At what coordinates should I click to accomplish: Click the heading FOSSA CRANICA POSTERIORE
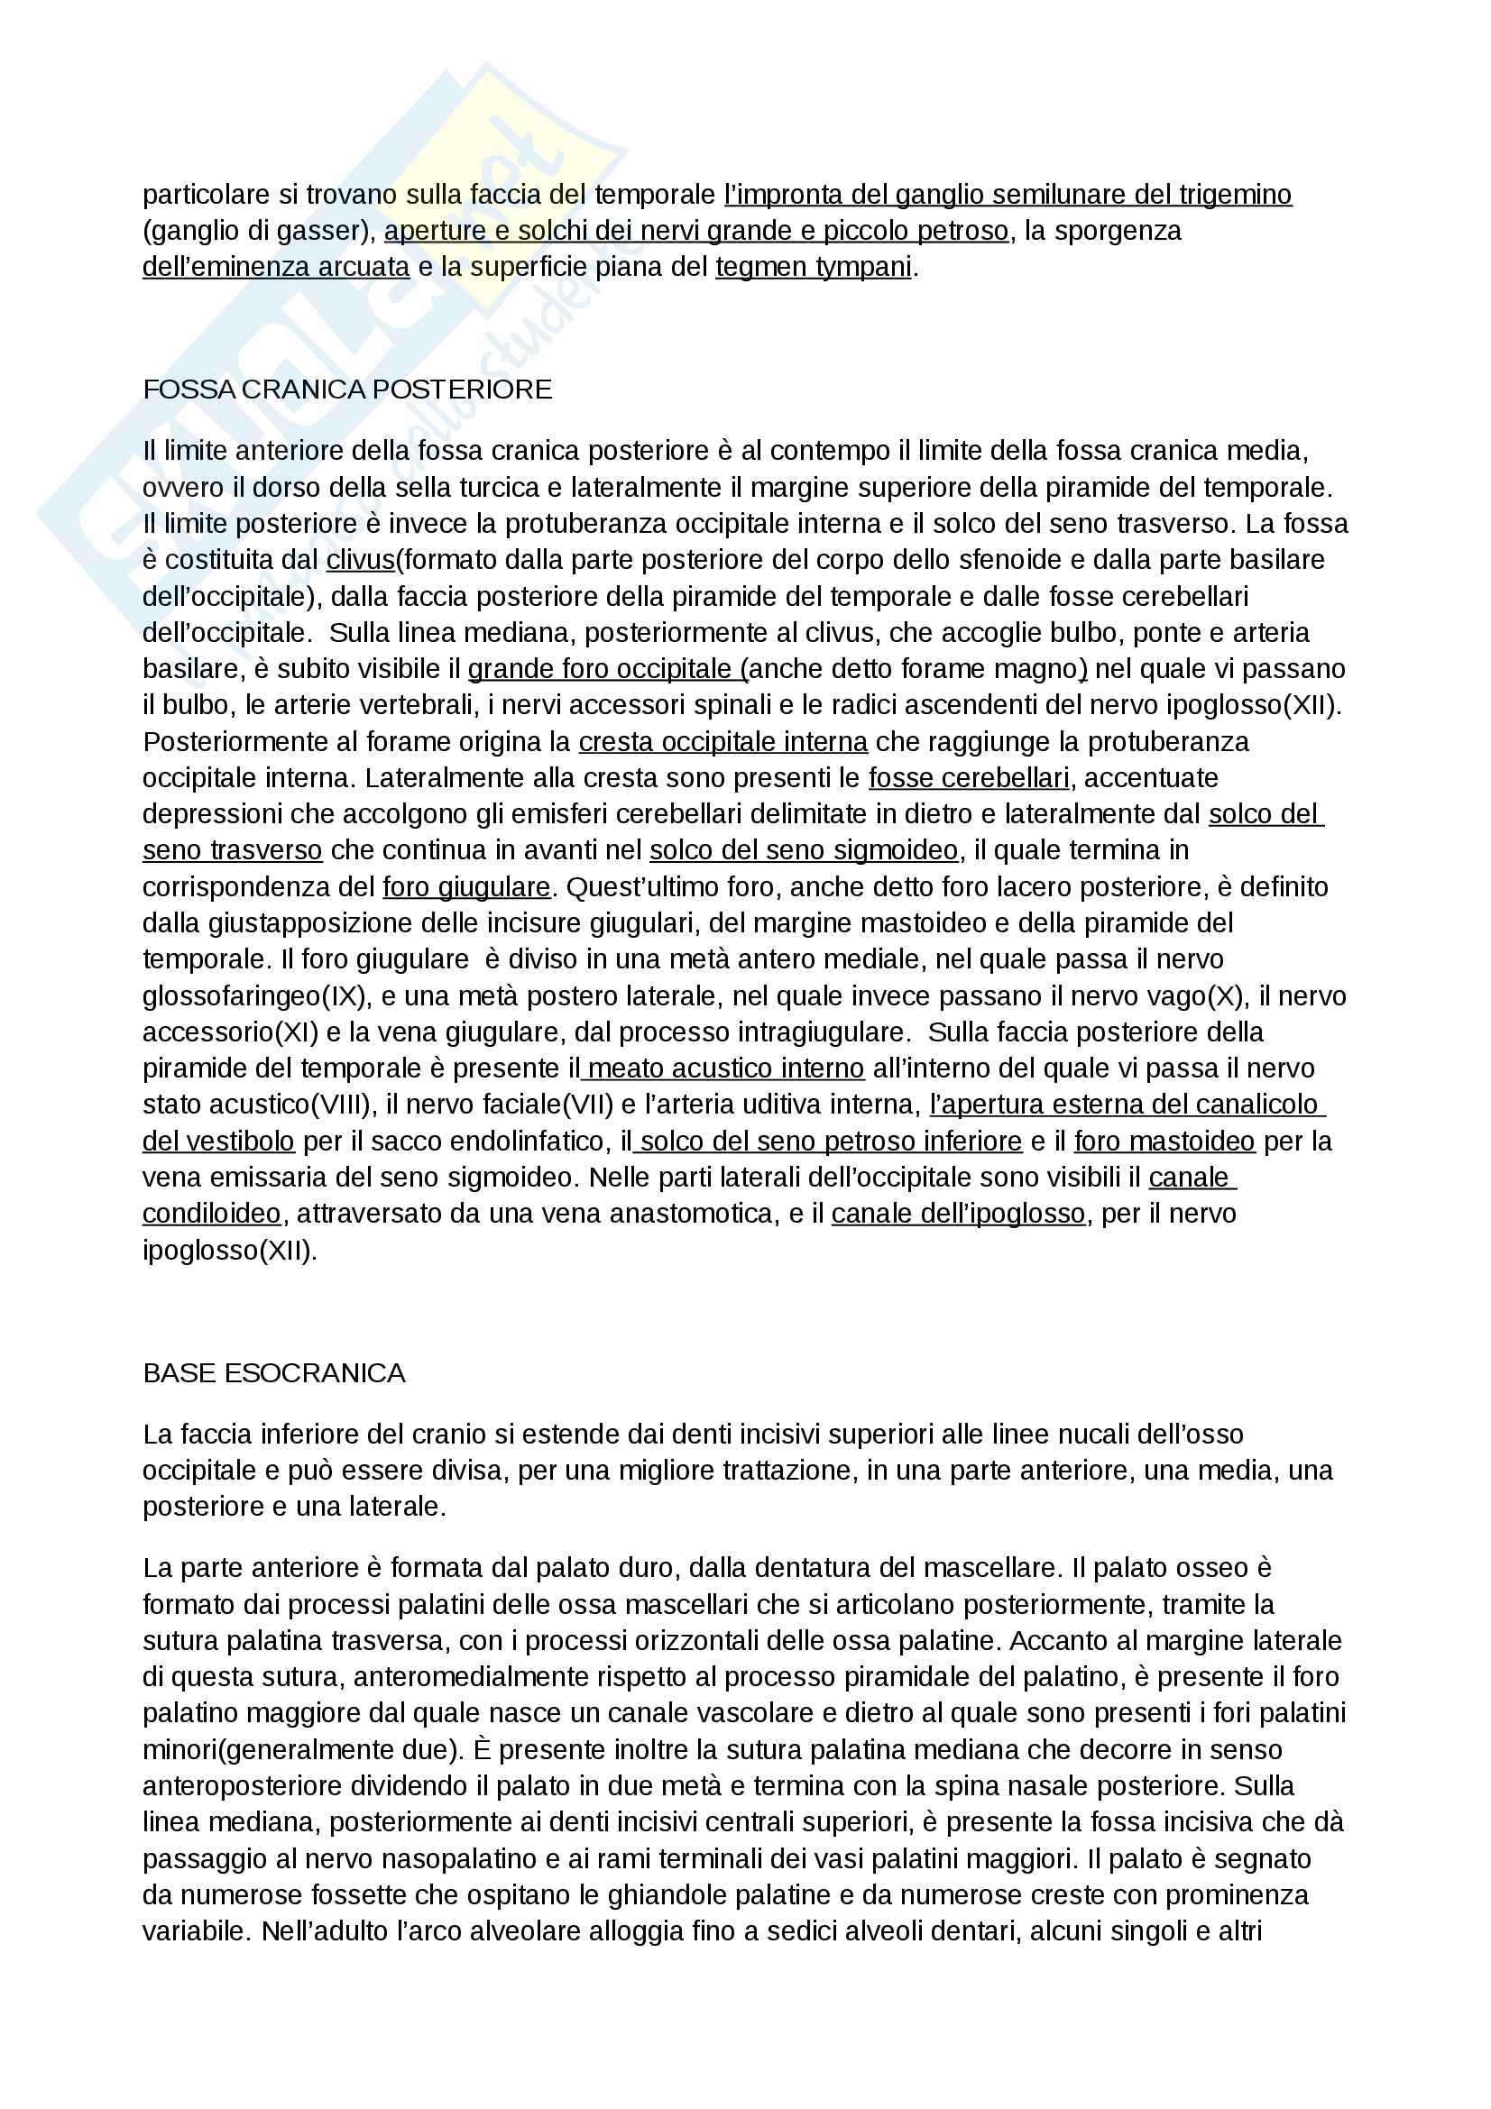pyautogui.click(x=347, y=390)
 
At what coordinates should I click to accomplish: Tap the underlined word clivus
pyautogui.click(x=360, y=559)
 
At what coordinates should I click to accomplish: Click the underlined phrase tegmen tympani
pyautogui.click(x=813, y=266)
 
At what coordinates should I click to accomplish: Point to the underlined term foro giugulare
pyautogui.click(x=465, y=886)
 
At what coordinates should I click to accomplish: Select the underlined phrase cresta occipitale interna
pyautogui.click(x=723, y=741)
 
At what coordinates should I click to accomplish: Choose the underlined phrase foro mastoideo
pyautogui.click(x=1164, y=1141)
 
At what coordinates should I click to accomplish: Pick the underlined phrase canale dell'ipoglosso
pyautogui.click(x=958, y=1214)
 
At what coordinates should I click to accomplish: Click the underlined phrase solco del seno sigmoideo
pyautogui.click(x=804, y=850)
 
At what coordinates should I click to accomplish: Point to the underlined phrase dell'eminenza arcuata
pyautogui.click(x=276, y=266)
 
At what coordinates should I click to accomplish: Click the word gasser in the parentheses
pyautogui.click(x=324, y=231)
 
